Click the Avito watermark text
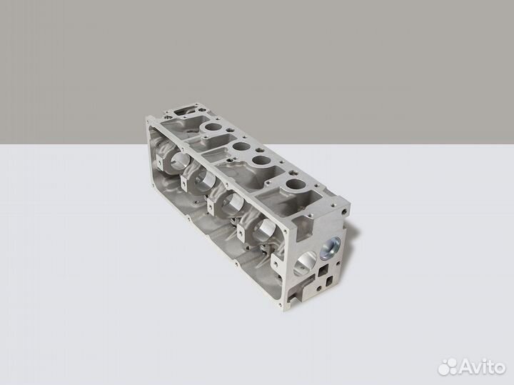(482, 366)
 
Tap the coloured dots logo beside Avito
(448, 366)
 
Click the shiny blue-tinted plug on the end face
(331, 246)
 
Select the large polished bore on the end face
(306, 264)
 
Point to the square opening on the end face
(324, 271)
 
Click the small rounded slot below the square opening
(329, 281)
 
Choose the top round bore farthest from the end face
(213, 126)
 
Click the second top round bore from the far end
(241, 146)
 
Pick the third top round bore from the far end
(261, 161)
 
